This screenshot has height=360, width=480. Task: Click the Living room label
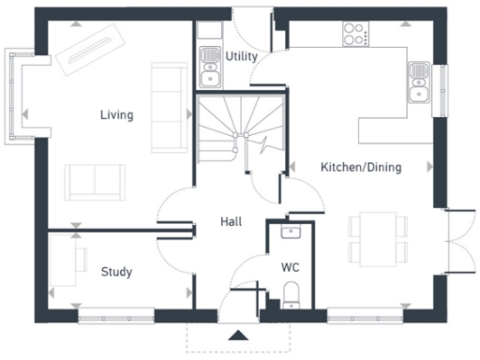click(117, 115)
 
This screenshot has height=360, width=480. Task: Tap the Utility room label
click(241, 57)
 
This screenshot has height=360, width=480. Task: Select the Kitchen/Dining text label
click(361, 168)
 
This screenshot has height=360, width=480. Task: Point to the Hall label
click(231, 222)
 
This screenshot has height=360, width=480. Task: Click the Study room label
click(116, 272)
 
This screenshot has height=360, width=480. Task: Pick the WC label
click(290, 267)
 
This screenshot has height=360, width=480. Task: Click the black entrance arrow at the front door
click(239, 335)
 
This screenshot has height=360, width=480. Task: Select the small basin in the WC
click(290, 232)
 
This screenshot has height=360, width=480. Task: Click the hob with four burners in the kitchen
click(355, 34)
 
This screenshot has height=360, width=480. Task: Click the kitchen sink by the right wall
click(418, 82)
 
